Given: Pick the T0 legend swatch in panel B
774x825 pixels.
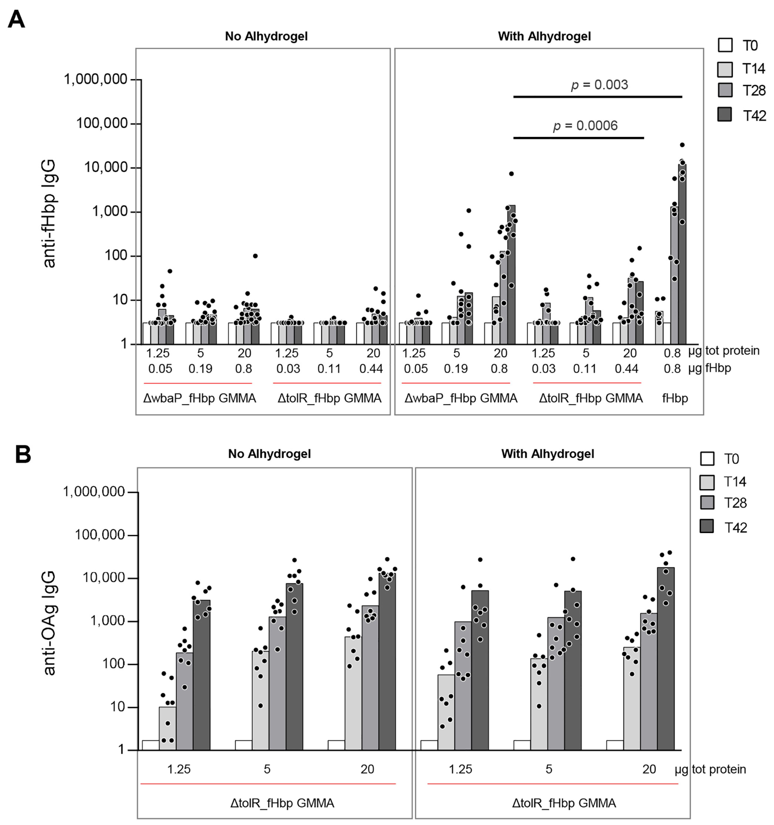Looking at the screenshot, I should pyautogui.click(x=707, y=459).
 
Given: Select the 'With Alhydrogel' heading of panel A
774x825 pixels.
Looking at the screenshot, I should pyautogui.click(x=544, y=36).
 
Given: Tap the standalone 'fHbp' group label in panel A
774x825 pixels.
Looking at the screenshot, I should pyautogui.click(x=675, y=398).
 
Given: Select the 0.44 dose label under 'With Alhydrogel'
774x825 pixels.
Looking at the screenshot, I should pyautogui.click(x=626, y=368).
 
